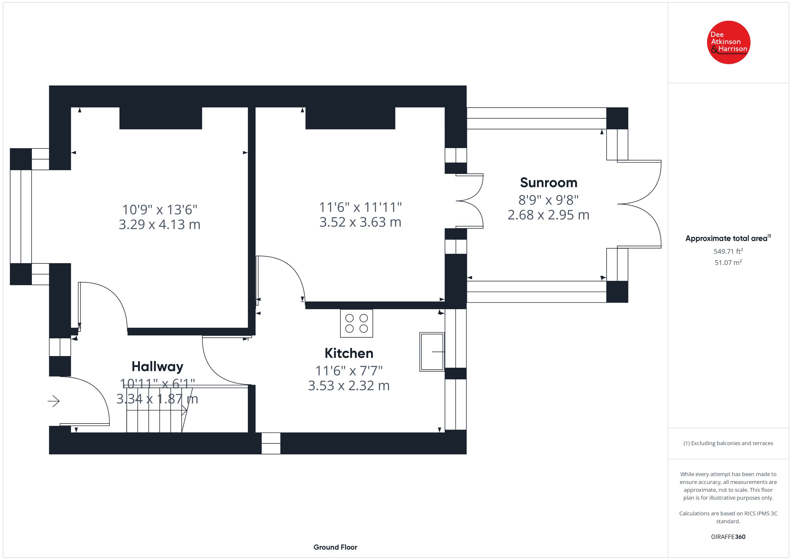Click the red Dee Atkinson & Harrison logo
728,42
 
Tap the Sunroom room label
548,182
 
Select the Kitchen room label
349,353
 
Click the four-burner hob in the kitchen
356,323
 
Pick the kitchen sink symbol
432,352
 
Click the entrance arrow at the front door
53,401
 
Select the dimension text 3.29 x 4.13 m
159,225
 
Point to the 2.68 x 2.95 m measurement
548,215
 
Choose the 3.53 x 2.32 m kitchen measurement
349,385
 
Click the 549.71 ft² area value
728,251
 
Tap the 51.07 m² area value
728,262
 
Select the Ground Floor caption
335,547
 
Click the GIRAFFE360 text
728,536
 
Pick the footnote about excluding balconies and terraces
728,443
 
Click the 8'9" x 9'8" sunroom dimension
548,200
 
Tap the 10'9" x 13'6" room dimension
160,210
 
